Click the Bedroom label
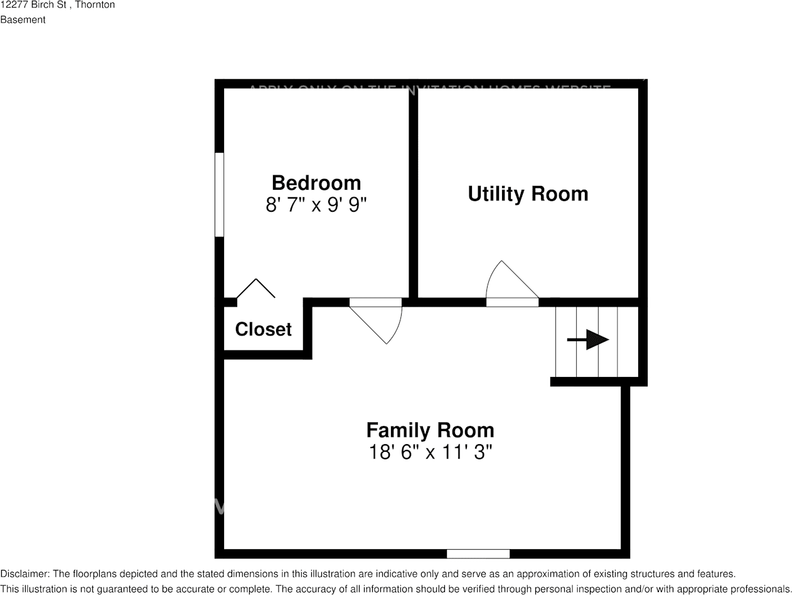pos(316,183)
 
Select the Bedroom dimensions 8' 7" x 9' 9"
pos(316,205)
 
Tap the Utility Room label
pos(528,194)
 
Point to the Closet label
pos(263,329)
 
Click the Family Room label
pos(430,430)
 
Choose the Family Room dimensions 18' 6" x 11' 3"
pos(430,452)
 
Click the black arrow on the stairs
pos(588,340)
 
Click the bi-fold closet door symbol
pos(255,288)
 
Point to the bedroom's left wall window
pos(219,195)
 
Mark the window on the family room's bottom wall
pos(478,554)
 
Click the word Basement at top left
pos(23,19)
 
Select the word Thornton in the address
pos(95,5)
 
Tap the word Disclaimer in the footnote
pos(24,574)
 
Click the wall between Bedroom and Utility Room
pos(413,192)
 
